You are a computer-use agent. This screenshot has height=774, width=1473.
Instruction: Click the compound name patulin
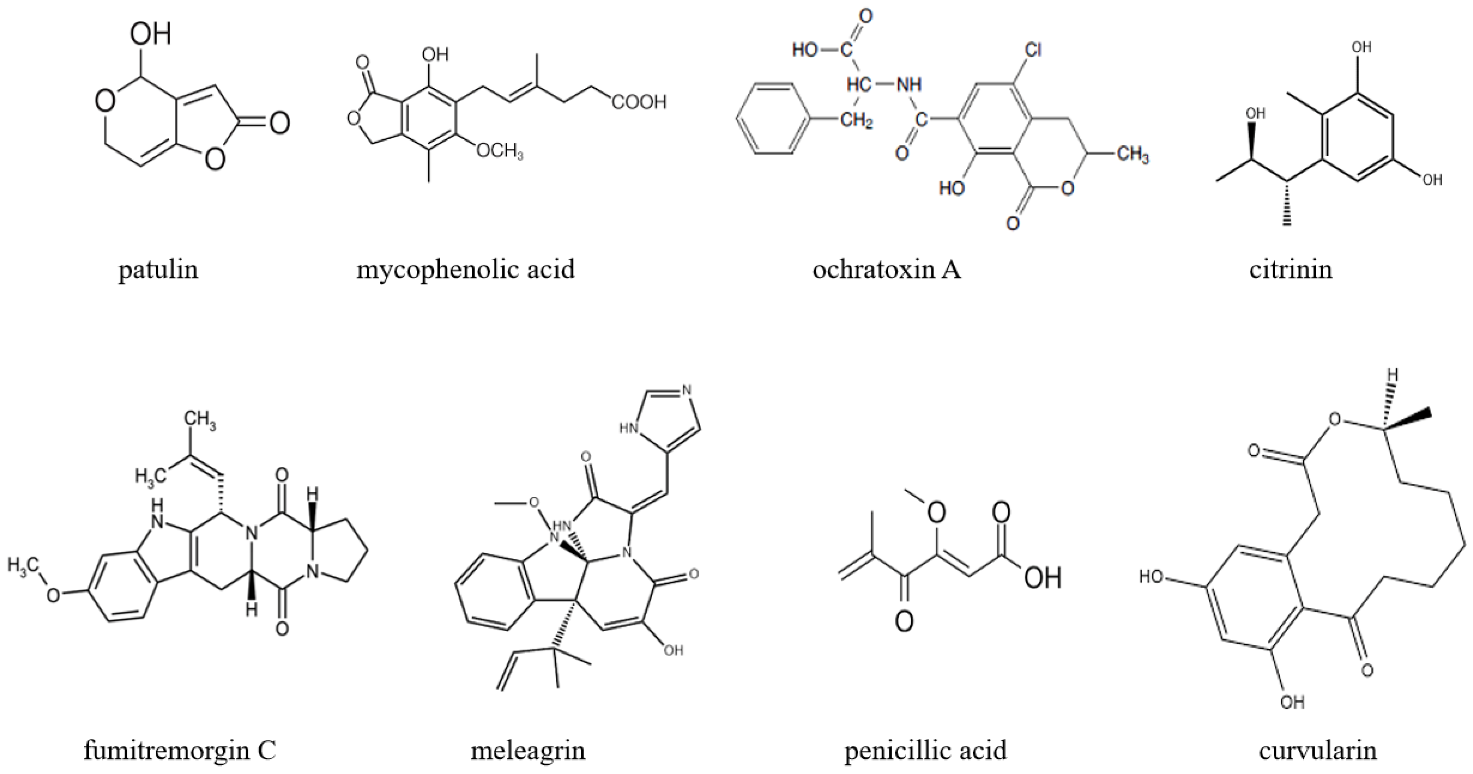point(158,269)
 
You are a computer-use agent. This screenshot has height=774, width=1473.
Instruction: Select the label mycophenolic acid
point(466,269)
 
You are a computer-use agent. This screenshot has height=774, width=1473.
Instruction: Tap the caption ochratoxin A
point(887,269)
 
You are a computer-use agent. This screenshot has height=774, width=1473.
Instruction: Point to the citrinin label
point(1291,269)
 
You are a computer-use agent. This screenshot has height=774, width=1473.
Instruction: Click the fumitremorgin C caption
point(180,750)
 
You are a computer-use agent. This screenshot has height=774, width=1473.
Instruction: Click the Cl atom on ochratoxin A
point(1033,50)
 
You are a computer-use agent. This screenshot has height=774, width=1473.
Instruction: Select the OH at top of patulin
point(150,34)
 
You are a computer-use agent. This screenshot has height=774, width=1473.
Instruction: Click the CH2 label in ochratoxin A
point(856,121)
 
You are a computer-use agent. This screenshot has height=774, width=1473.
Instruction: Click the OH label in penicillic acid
point(1042,578)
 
